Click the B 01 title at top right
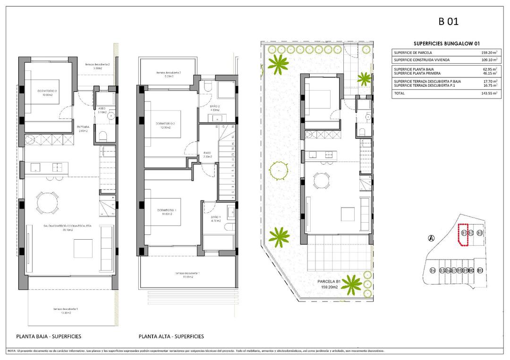pyautogui.click(x=449, y=21)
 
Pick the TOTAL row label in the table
pyautogui.click(x=399, y=93)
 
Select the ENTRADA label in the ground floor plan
pyautogui.click(x=83, y=127)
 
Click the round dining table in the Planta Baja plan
pyautogui.click(x=47, y=203)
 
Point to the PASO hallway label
pyautogui.click(x=208, y=153)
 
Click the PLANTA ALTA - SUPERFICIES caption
pyautogui.click(x=171, y=336)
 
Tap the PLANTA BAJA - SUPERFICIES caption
pyautogui.click(x=49, y=336)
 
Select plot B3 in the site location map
pyautogui.click(x=479, y=233)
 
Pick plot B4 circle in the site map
pyautogui.click(x=433, y=270)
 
